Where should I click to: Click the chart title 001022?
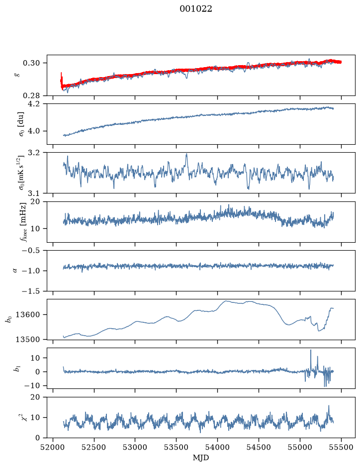tap(195, 9)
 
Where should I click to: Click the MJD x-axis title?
tap(201, 458)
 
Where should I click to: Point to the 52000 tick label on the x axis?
tap(53, 447)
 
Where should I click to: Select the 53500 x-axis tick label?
tap(177, 447)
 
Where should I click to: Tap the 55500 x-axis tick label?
tap(341, 447)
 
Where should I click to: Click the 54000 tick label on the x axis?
tap(217, 447)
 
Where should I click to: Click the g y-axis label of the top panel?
tap(17, 75)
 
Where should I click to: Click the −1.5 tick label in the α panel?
tap(33, 291)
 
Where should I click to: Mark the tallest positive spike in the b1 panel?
tap(311, 351)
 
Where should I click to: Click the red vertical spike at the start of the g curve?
tap(61, 79)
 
